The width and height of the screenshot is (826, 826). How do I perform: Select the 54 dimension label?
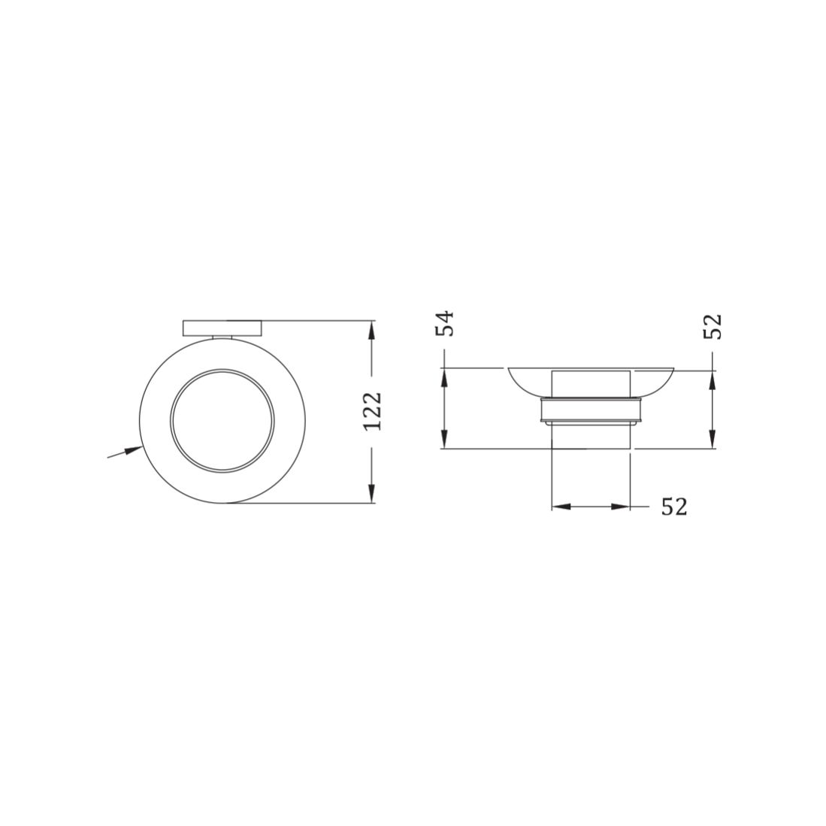click(445, 323)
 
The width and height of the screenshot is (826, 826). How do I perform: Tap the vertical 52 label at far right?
click(713, 327)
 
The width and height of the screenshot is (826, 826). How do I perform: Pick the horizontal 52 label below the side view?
click(674, 507)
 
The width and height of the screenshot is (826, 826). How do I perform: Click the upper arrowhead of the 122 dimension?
click(372, 330)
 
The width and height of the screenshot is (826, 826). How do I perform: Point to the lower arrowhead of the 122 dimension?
click(372, 493)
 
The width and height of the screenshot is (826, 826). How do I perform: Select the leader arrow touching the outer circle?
click(125, 452)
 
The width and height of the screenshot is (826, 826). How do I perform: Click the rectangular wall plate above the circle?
click(222, 328)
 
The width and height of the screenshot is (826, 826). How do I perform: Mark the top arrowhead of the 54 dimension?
click(445, 378)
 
